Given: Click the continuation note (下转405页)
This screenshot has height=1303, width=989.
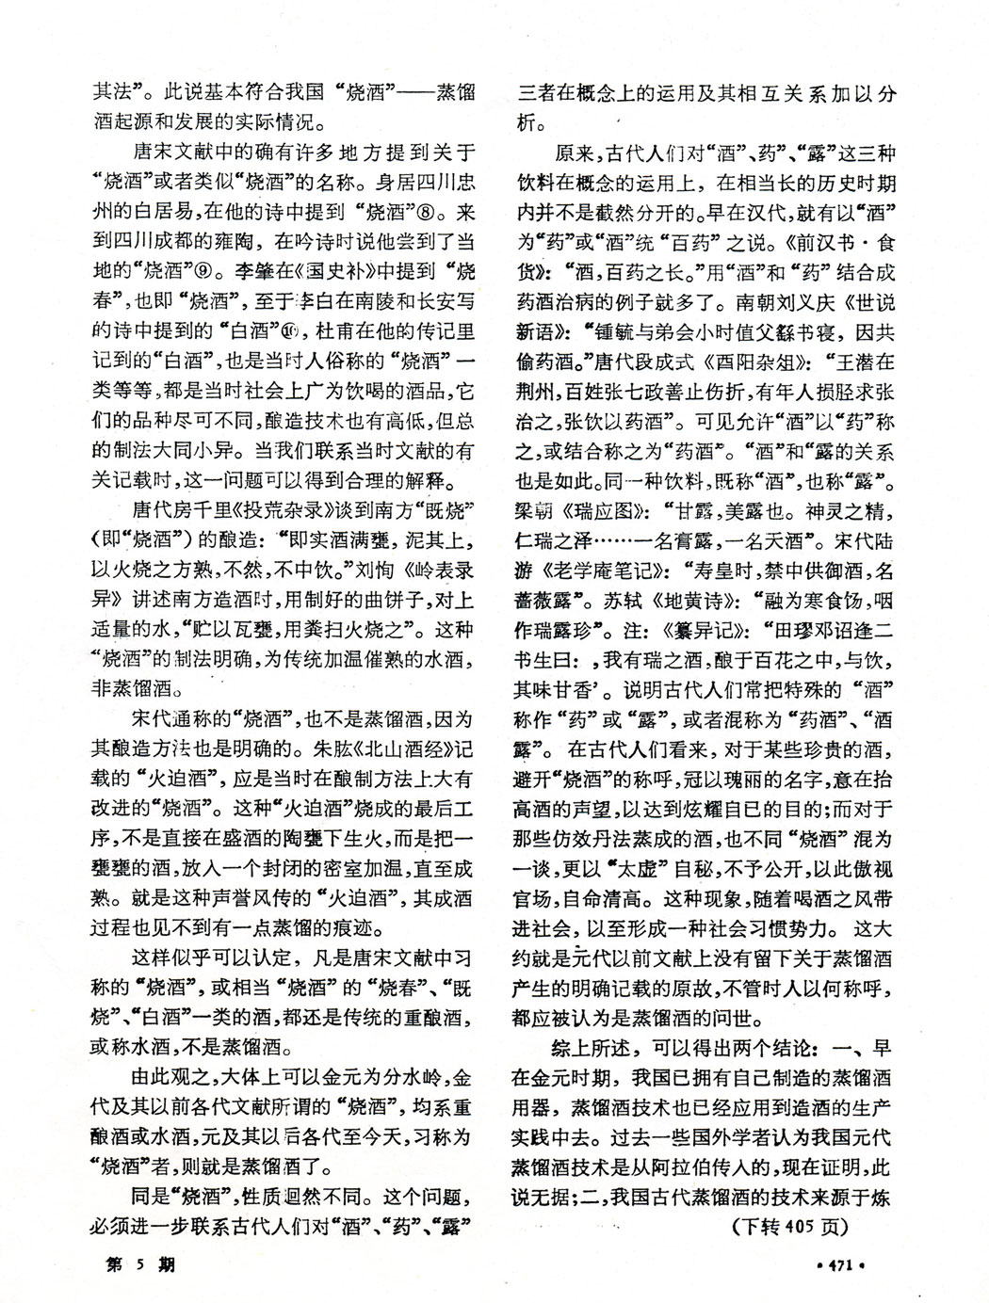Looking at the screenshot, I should (790, 1226).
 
